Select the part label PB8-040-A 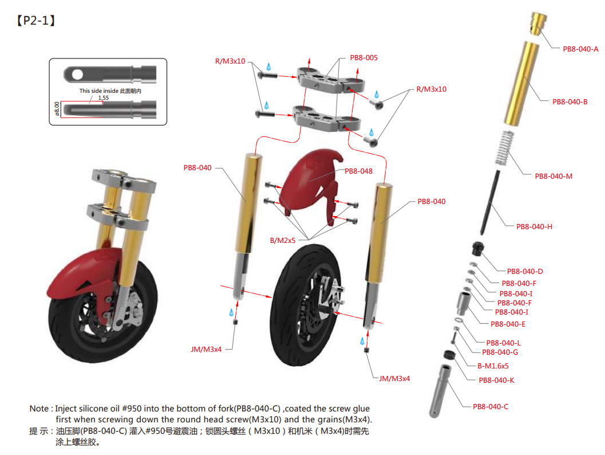580,49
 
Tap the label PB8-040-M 553,176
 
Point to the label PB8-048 358,171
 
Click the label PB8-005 363,58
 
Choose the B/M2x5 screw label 283,241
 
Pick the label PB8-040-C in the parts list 490,407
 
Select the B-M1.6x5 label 493,366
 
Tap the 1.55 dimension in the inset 103,98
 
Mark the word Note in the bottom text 39,409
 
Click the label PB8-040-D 525,271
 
